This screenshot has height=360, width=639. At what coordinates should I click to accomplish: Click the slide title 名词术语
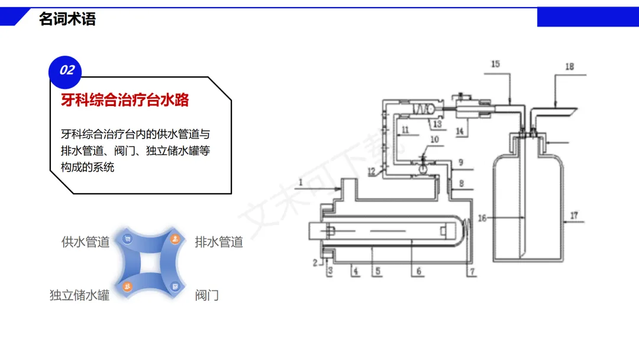click(x=67, y=19)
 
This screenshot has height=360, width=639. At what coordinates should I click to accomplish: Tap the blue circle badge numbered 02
click(x=65, y=70)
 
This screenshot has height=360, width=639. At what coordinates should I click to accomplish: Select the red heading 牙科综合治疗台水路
click(x=125, y=100)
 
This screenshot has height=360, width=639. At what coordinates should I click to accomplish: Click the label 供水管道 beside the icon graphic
click(x=85, y=242)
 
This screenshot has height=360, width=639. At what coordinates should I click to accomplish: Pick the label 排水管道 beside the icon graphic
click(x=219, y=242)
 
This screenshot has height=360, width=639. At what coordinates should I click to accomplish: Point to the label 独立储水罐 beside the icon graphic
click(x=79, y=295)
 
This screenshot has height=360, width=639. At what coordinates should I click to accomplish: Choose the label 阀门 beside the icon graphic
click(x=207, y=295)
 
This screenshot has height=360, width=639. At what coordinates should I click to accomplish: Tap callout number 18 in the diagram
click(x=569, y=67)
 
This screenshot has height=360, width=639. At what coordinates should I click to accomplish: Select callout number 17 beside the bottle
click(x=574, y=214)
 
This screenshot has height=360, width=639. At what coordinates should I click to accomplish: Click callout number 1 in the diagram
click(x=301, y=183)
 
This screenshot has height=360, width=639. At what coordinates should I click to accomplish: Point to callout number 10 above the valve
click(x=434, y=140)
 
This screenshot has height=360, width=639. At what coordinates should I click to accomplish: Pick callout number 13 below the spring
click(x=437, y=124)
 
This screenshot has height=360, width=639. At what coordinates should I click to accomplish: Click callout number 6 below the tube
click(x=418, y=272)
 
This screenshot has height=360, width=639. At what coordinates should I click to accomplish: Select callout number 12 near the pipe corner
click(x=370, y=171)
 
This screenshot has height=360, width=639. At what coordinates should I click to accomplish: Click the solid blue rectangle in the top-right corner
click(x=588, y=17)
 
